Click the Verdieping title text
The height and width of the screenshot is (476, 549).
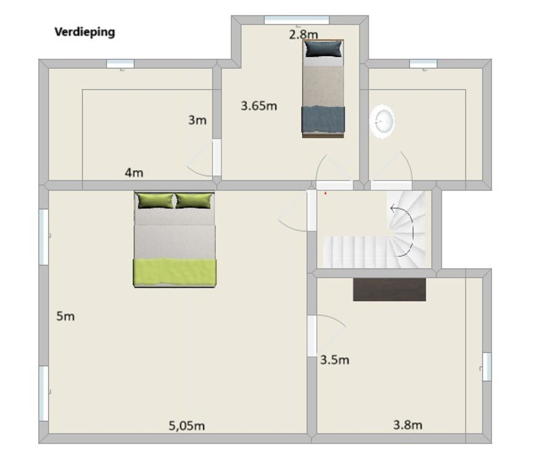[84, 32]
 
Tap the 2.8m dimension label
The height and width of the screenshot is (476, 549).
[303, 35]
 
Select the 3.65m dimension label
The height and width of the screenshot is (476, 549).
[259, 106]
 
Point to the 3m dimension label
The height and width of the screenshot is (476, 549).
[197, 120]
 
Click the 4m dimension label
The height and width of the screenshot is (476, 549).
[134, 173]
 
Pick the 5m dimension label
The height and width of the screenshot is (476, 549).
[65, 316]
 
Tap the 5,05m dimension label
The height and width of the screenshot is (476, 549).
[187, 426]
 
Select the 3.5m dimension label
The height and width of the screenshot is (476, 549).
[334, 360]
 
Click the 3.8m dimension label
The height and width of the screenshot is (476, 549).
[407, 425]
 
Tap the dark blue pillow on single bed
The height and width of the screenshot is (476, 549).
[324, 49]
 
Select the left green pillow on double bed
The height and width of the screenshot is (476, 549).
[155, 201]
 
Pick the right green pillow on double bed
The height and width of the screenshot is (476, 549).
[194, 201]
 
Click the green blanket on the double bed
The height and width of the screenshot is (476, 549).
[175, 272]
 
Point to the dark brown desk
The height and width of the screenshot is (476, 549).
[389, 289]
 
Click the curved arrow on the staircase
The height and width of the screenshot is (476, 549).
[405, 230]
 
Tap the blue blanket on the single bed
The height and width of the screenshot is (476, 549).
[323, 120]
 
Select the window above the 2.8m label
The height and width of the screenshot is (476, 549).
[297, 20]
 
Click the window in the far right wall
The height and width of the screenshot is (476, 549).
[487, 367]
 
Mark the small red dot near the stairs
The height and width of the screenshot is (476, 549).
[325, 193]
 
